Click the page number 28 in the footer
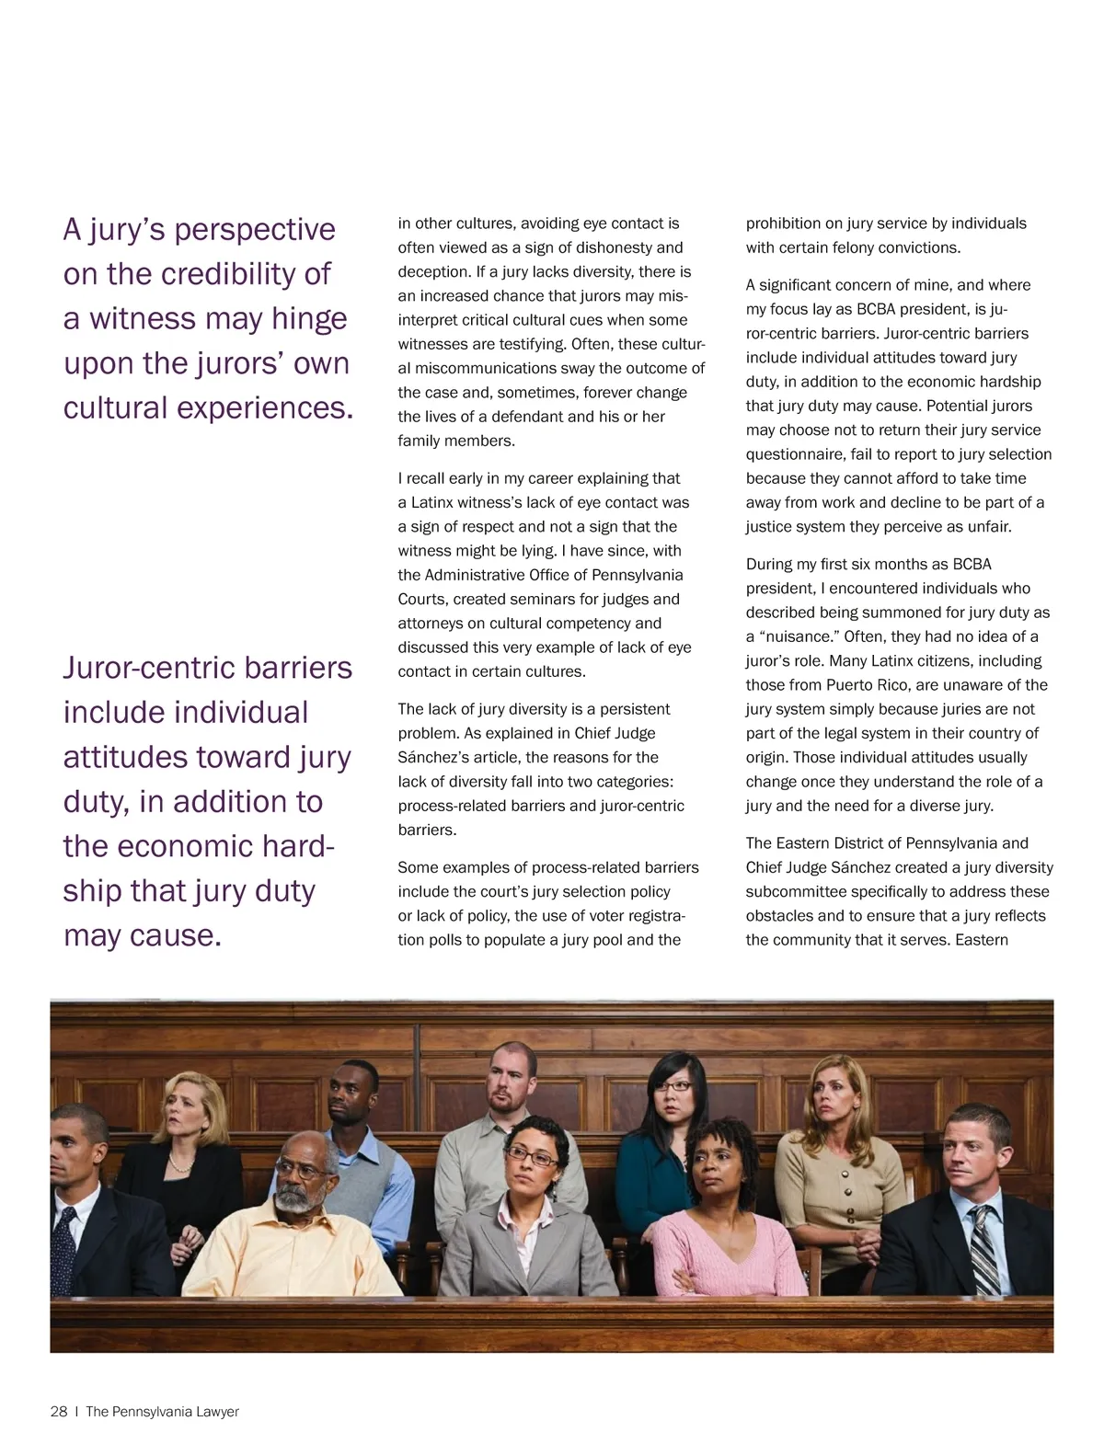(x=59, y=1412)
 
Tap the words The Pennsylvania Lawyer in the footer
(x=162, y=1412)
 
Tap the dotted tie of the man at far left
(x=64, y=1246)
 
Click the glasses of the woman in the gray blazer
(x=532, y=1156)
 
